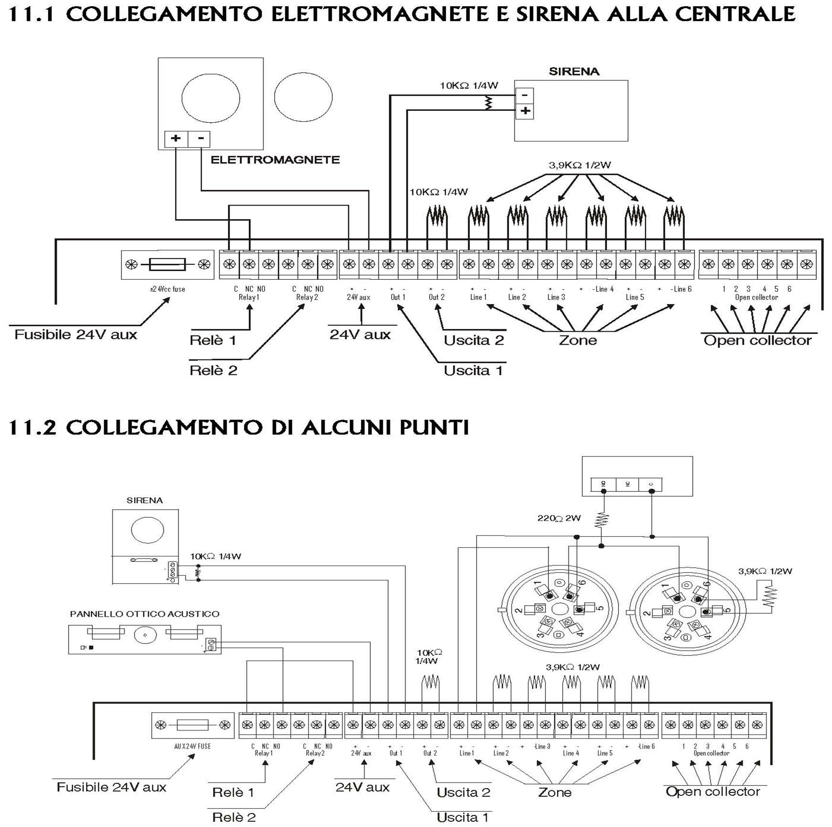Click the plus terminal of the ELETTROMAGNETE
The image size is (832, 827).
click(x=176, y=139)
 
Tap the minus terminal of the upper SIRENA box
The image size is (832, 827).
click(x=524, y=95)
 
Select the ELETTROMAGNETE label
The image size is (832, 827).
click(x=275, y=160)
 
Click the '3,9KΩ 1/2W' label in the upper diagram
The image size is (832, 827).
click(x=579, y=165)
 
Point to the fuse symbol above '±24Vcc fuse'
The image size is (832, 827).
click(x=167, y=264)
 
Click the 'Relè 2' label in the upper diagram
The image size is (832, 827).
click(x=213, y=370)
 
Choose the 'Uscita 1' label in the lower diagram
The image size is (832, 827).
click(x=462, y=817)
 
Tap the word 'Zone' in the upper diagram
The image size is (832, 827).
click(x=578, y=340)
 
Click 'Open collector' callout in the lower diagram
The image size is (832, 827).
click(x=713, y=792)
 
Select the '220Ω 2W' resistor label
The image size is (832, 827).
click(x=559, y=518)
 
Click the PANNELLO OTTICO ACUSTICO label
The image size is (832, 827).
click(x=145, y=614)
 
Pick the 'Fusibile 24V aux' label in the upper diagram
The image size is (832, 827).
click(x=75, y=334)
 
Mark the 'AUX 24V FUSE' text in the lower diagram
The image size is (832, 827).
click(x=192, y=746)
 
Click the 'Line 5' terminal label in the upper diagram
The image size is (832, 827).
click(x=635, y=297)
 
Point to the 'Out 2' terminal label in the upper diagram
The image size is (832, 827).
click(x=437, y=297)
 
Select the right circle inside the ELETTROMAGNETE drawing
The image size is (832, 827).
click(x=303, y=97)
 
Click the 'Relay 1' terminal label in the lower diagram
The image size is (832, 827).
click(x=264, y=753)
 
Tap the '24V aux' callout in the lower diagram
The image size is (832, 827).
click(x=363, y=787)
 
